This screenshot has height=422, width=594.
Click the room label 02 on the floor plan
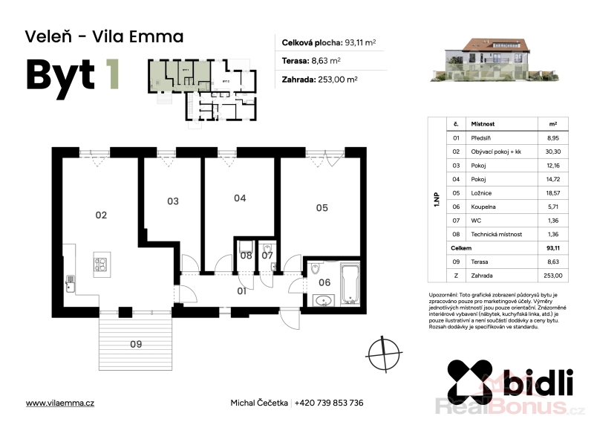[101, 215]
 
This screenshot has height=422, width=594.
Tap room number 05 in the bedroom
[322, 208]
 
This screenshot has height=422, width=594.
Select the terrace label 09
[136, 344]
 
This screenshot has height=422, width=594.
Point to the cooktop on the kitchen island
[101, 264]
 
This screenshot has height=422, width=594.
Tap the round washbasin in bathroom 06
[324, 301]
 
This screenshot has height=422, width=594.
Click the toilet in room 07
[267, 247]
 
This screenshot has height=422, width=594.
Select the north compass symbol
[385, 355]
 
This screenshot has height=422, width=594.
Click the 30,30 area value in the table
[553, 152]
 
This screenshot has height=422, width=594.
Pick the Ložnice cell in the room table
[481, 193]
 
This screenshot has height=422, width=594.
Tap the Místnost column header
[483, 124]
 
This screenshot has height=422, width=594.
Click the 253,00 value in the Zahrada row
[553, 276]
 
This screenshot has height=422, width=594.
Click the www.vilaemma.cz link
[60, 403]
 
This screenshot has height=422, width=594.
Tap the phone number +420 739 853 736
[329, 403]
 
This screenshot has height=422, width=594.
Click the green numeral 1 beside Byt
[112, 74]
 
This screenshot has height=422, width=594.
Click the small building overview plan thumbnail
[202, 91]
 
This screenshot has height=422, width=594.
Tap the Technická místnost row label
[496, 234]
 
